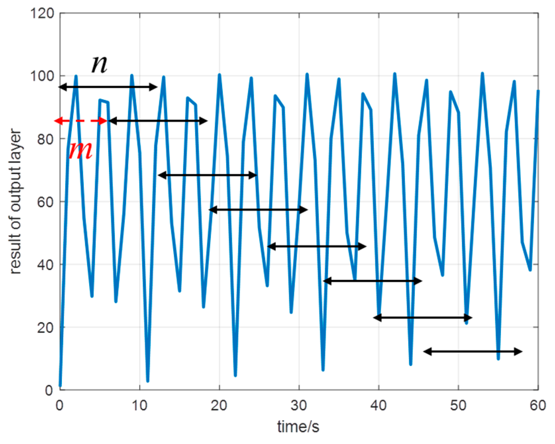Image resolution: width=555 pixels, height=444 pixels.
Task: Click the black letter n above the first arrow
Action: (99, 64)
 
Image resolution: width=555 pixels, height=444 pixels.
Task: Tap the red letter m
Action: (80, 151)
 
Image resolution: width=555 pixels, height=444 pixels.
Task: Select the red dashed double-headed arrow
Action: (81, 121)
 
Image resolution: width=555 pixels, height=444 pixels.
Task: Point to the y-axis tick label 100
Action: (42, 76)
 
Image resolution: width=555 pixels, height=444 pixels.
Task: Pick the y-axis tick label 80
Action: (45, 139)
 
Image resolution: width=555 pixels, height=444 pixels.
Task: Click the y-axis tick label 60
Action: (45, 202)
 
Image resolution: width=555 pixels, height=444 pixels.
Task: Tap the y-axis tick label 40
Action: (45, 265)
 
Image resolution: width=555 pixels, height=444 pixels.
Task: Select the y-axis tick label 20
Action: (45, 328)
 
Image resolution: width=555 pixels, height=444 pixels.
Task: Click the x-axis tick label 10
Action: (140, 405)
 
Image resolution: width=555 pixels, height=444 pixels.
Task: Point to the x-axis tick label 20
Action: (219, 405)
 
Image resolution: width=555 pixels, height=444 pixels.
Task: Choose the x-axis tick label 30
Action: (299, 405)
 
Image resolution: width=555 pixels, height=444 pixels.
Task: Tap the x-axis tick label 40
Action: (379, 405)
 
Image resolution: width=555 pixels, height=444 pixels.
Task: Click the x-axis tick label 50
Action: (458, 405)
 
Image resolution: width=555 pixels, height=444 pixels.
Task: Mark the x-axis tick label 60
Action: (538, 405)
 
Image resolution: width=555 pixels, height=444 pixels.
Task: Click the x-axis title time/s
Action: (298, 427)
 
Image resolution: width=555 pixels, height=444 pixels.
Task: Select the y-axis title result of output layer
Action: (15, 202)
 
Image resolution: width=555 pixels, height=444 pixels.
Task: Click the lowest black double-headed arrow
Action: (473, 352)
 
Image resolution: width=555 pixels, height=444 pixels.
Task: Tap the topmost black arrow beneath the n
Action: (108, 87)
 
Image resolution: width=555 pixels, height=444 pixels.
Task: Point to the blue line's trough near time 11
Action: (148, 381)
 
